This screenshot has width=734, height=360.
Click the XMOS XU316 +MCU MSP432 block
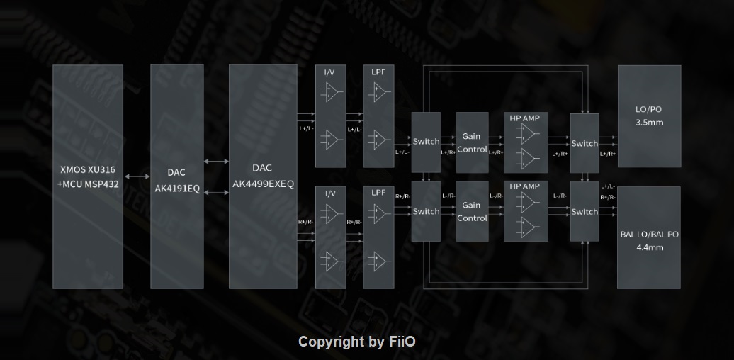point(88,177)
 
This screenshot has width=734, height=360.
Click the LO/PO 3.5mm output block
point(649,116)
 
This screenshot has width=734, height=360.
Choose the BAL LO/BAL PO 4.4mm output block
point(649,238)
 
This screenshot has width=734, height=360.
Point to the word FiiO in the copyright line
point(402,342)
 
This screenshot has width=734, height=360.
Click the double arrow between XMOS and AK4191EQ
point(137,176)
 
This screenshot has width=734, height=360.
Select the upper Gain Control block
point(472,142)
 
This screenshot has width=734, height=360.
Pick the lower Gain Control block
point(472,211)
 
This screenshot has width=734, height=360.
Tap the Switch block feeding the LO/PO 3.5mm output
point(585,143)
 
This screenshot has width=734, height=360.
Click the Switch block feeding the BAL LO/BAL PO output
point(585,211)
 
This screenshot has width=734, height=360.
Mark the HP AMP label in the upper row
point(524,118)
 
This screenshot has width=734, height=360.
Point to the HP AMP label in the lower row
point(524,186)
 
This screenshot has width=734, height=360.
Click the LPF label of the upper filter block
point(378,72)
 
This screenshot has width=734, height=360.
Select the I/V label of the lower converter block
point(330,193)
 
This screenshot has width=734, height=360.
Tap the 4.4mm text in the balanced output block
point(649,247)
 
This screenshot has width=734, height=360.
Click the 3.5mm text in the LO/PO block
point(649,123)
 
